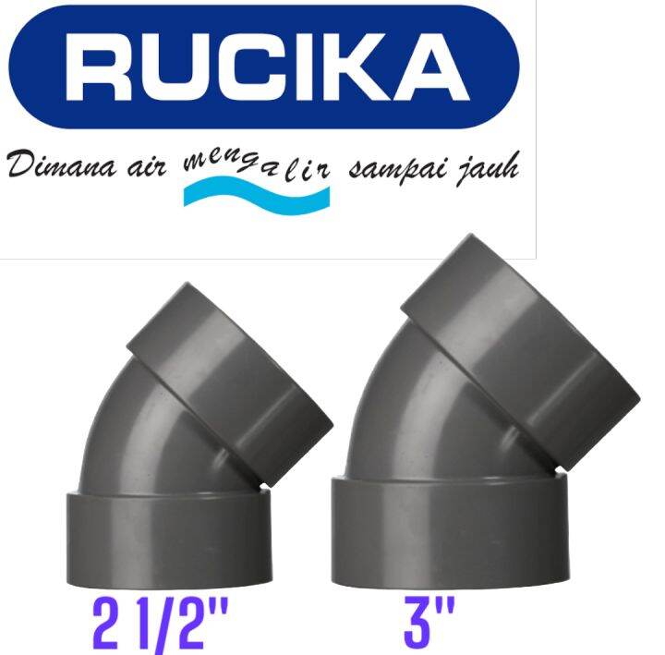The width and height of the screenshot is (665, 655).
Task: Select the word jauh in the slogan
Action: point(484,172)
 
